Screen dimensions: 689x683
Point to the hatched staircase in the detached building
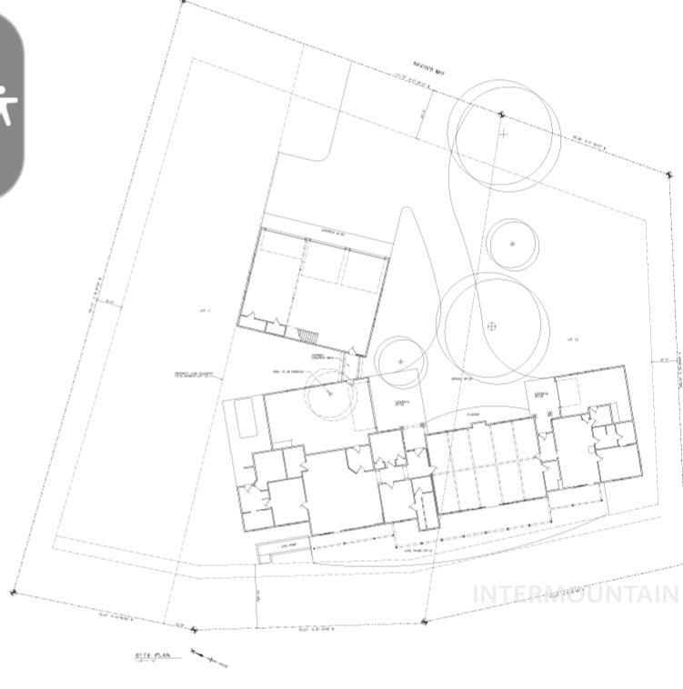(x=309, y=337)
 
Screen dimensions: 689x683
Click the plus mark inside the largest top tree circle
(x=503, y=134)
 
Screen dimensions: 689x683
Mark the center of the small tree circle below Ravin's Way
(x=512, y=244)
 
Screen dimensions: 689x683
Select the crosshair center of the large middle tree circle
(x=492, y=325)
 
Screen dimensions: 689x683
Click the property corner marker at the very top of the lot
(x=184, y=3)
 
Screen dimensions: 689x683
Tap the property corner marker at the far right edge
(x=670, y=174)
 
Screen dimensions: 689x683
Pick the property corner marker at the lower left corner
(x=13, y=593)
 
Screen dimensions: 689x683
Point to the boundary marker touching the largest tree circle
(x=501, y=115)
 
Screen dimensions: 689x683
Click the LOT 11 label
(x=205, y=311)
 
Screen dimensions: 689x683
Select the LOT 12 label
(x=573, y=339)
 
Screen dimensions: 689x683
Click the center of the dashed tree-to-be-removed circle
(x=329, y=394)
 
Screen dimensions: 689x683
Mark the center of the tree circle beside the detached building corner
(x=401, y=361)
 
